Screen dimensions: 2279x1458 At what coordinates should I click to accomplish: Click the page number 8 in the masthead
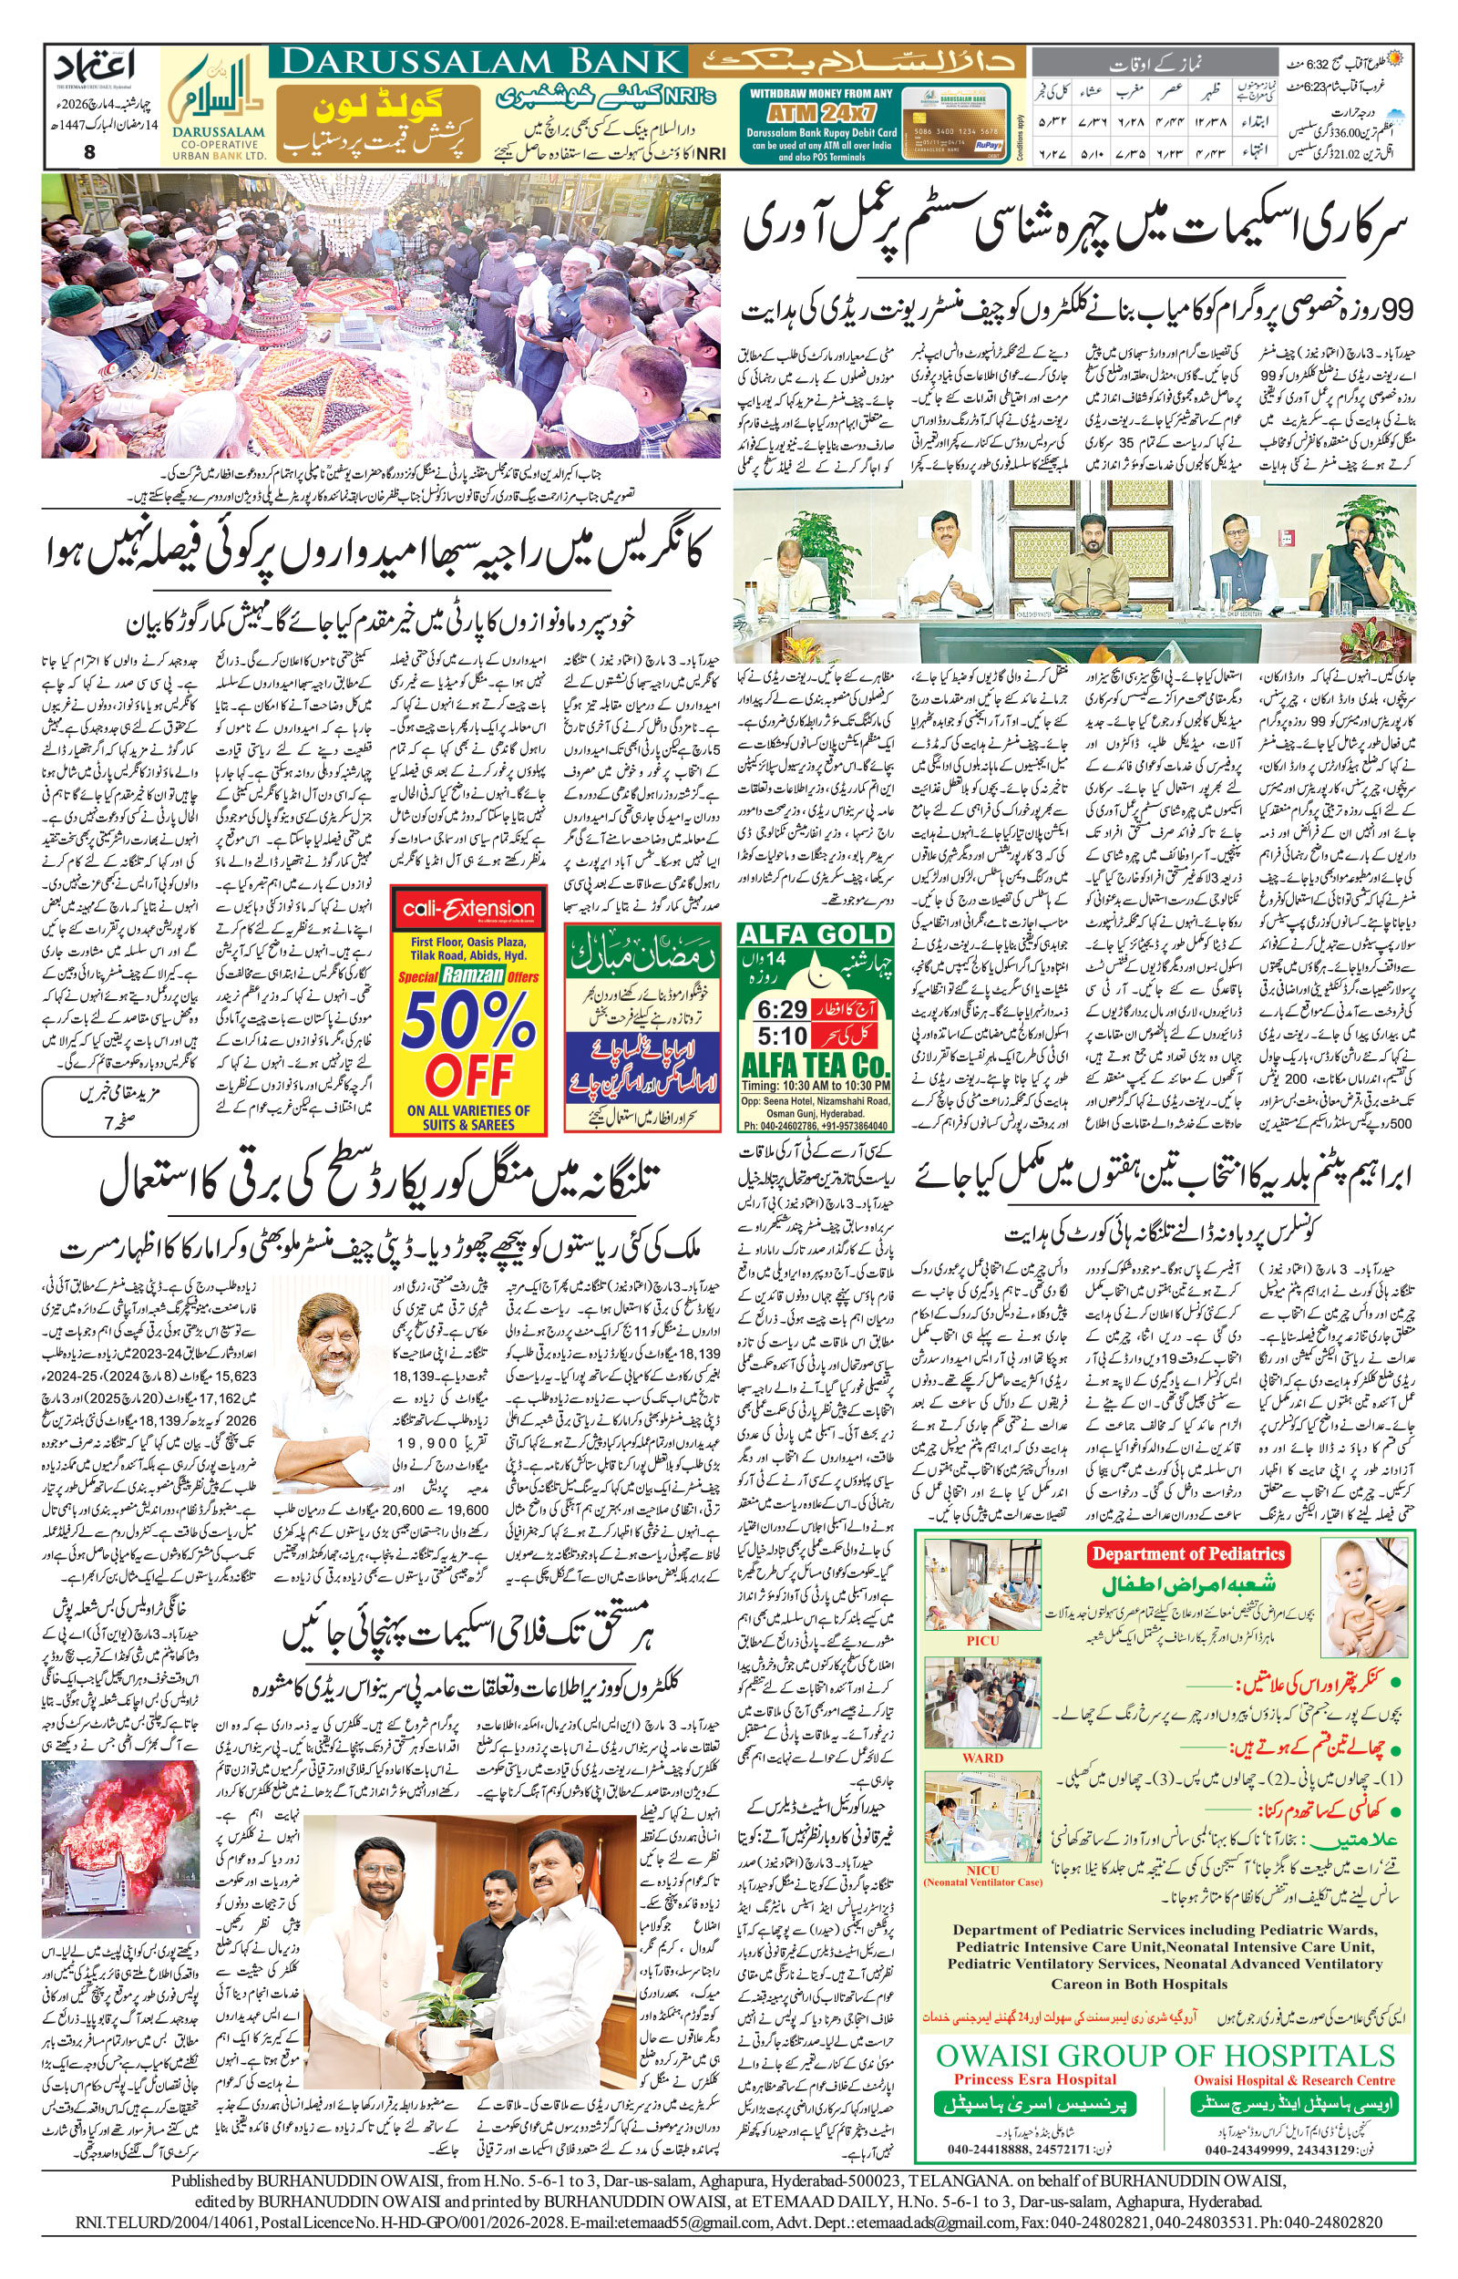pyautogui.click(x=89, y=151)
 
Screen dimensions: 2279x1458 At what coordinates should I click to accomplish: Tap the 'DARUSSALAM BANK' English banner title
pyautogui.click(x=481, y=63)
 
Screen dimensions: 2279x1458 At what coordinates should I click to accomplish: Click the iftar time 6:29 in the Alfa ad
pyautogui.click(x=782, y=1010)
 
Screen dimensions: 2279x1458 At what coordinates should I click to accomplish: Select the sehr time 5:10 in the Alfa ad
pyautogui.click(x=782, y=1035)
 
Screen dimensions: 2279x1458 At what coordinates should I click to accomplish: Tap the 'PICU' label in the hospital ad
pyautogui.click(x=981, y=1641)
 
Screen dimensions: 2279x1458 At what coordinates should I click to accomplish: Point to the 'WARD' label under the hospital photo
pyautogui.click(x=981, y=1758)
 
